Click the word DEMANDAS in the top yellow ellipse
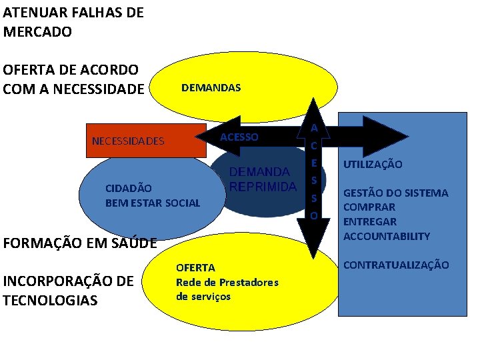(x=211, y=88)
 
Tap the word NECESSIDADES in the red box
(x=128, y=141)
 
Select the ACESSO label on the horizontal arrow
(x=239, y=137)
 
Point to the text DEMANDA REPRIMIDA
(x=263, y=179)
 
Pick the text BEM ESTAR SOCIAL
(x=153, y=203)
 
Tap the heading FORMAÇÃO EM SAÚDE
(x=80, y=243)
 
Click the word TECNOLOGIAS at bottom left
(x=50, y=300)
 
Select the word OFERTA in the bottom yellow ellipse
(x=195, y=267)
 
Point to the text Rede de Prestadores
(x=227, y=282)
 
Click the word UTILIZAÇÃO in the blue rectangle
(x=373, y=164)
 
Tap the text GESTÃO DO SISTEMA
(x=395, y=193)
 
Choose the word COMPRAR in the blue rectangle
(x=369, y=207)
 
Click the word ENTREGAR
(x=370, y=221)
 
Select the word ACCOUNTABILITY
(x=387, y=236)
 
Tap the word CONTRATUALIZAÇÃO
(x=396, y=265)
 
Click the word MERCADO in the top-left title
(x=37, y=31)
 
